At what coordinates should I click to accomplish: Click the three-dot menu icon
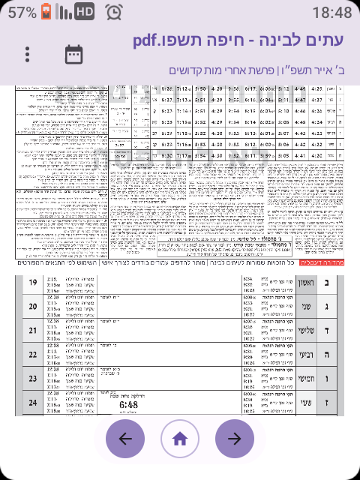(28, 55)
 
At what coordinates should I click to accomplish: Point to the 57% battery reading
(22, 13)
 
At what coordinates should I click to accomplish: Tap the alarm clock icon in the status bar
(115, 12)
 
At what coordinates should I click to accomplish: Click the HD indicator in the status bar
(85, 12)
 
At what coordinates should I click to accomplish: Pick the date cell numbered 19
(33, 283)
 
